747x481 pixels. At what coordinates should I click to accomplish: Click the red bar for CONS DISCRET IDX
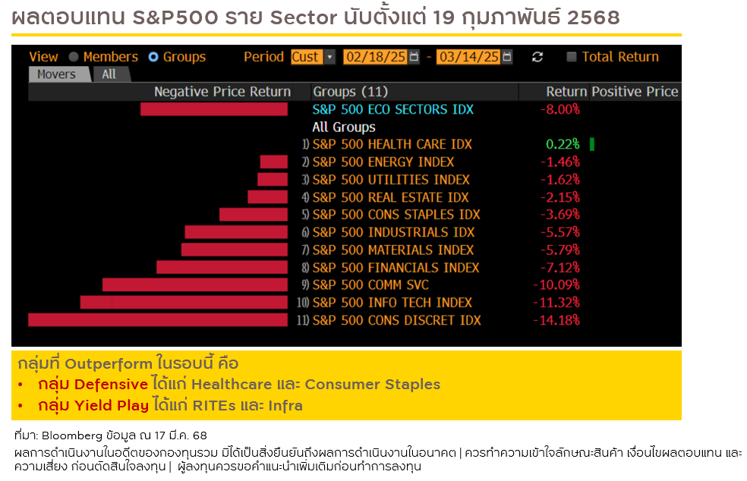tap(158, 320)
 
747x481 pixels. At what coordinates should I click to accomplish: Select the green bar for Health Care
tap(591, 144)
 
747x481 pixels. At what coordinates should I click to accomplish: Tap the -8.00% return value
tap(559, 109)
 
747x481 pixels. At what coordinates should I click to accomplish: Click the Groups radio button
tap(153, 57)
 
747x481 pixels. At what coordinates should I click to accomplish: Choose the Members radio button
tap(74, 57)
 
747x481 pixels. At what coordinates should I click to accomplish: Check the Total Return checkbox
tap(572, 57)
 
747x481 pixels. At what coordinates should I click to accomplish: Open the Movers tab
tap(57, 74)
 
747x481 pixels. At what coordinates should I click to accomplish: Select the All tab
tap(109, 74)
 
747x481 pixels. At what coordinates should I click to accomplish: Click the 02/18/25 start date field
tap(375, 57)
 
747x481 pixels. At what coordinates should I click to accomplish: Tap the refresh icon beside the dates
tap(537, 57)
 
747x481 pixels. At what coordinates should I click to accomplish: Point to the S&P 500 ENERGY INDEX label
tap(383, 162)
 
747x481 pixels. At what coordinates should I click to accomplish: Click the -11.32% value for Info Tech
tap(559, 303)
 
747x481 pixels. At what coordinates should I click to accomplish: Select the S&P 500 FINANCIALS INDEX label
tap(396, 268)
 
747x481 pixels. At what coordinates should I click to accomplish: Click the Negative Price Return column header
tap(222, 92)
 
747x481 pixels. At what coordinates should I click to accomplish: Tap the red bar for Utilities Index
tap(273, 180)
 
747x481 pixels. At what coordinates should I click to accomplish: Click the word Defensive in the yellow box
tap(111, 385)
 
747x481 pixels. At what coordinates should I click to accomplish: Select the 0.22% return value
tap(563, 144)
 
